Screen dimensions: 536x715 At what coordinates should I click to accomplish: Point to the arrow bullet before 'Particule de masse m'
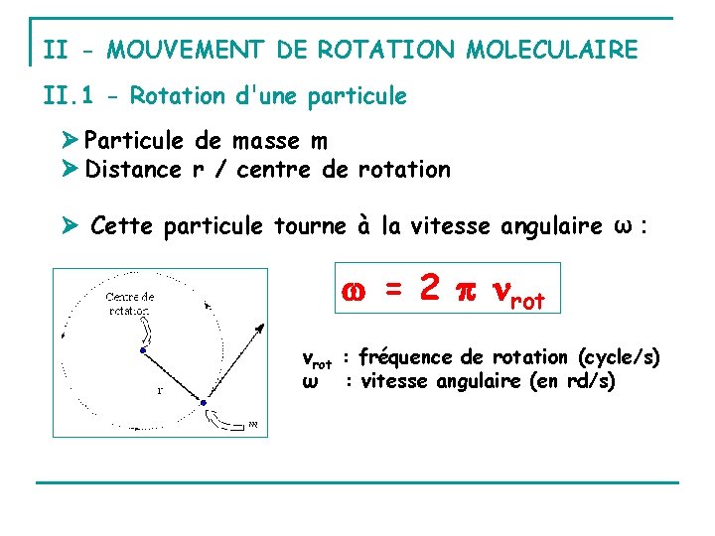click(x=71, y=142)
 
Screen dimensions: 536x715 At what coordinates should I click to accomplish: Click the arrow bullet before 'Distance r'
click(x=71, y=170)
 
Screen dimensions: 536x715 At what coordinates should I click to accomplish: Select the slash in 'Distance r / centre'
click(x=217, y=170)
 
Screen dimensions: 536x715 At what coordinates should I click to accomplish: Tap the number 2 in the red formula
click(x=428, y=288)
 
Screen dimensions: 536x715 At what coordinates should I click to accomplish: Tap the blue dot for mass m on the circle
click(x=203, y=403)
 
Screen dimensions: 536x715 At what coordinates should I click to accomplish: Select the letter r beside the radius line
click(x=160, y=389)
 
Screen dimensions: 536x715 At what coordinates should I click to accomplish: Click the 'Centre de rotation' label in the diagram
click(x=130, y=302)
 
